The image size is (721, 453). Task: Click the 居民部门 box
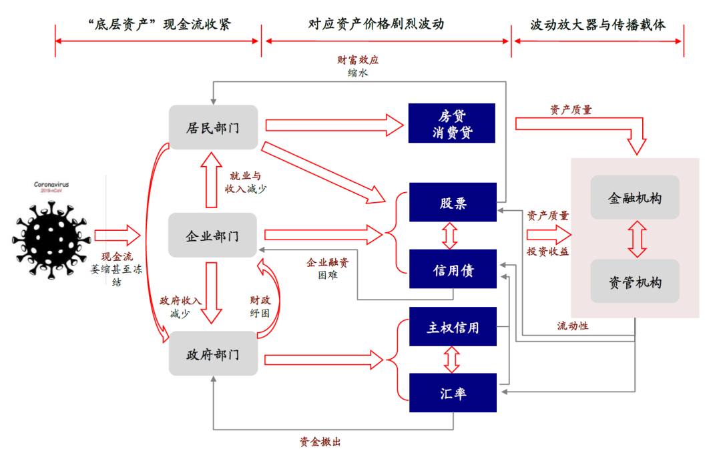coord(213,127)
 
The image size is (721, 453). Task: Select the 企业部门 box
coord(212,236)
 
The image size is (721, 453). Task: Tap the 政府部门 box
coord(212,354)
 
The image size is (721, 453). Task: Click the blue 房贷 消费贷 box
coord(452,123)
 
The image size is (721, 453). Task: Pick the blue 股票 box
coord(453,202)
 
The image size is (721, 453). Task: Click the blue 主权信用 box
coord(453,327)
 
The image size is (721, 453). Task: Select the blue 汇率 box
coord(453,393)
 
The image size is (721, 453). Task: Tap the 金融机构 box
coord(634,197)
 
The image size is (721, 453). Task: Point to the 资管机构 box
coord(634,282)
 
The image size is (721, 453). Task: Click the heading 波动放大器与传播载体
coord(598,25)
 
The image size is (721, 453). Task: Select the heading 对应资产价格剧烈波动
coord(385,25)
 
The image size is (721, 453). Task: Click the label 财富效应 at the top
coord(358,60)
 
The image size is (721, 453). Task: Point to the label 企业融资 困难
coord(327,268)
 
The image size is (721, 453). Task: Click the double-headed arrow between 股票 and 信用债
coord(451,236)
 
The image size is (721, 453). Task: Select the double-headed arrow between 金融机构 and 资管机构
coord(636,239)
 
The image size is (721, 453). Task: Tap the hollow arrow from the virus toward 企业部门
coord(117,236)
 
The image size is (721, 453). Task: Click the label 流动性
coord(573,326)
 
